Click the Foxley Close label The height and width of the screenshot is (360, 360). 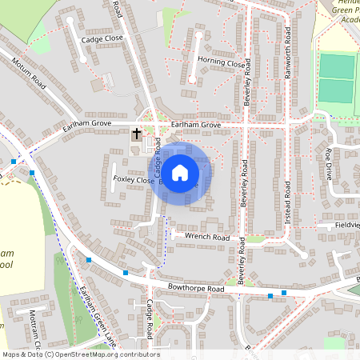click(133, 180)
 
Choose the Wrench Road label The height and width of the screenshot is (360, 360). click(206, 238)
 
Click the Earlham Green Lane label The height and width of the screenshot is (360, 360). click(97, 311)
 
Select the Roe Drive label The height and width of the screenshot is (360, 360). click(328, 164)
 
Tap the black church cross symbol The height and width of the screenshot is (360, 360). click(137, 133)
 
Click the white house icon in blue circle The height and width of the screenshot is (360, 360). click(180, 172)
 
